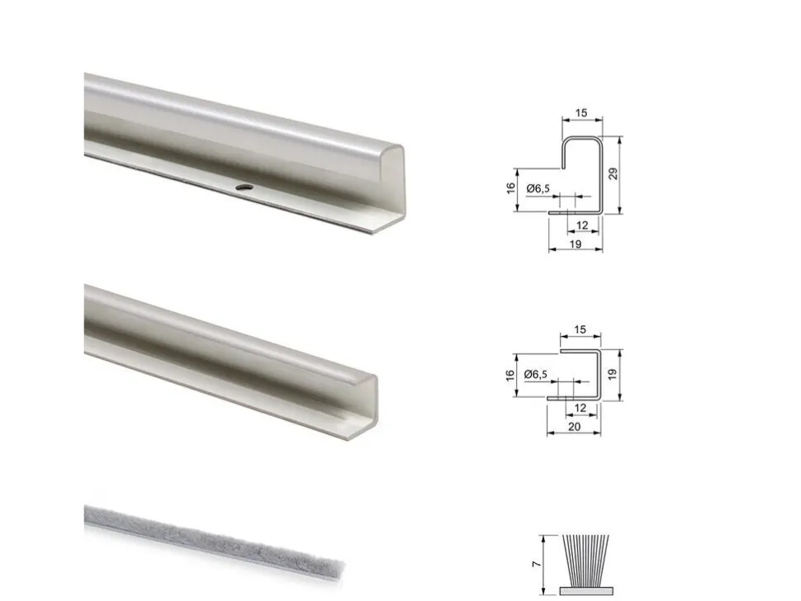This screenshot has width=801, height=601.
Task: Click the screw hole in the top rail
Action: (244, 187)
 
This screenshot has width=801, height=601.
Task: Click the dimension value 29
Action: (613, 173)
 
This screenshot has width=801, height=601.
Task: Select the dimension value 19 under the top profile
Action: (576, 244)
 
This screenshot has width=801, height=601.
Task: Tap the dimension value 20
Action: (574, 426)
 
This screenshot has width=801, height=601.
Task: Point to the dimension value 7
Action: (536, 564)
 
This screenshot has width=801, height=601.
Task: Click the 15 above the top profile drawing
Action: (581, 113)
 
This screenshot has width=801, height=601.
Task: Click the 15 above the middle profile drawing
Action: (580, 330)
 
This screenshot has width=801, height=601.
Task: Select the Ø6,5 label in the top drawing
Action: (538, 188)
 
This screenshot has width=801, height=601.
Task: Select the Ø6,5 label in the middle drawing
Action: (536, 374)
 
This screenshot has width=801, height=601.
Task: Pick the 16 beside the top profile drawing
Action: (511, 188)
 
